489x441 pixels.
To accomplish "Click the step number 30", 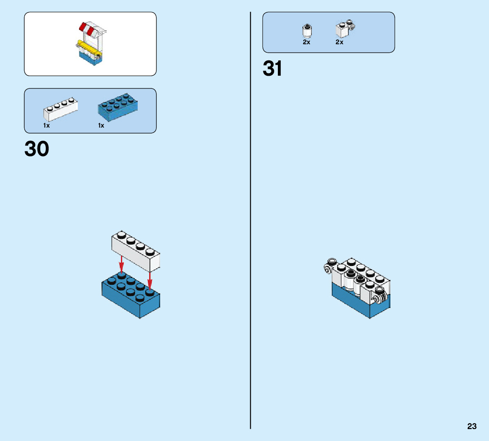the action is click(x=37, y=149).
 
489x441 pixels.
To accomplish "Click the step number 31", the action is click(x=272, y=68).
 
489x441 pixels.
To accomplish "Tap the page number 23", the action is click(x=472, y=427).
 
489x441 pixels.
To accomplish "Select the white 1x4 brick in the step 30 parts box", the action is click(x=60, y=109).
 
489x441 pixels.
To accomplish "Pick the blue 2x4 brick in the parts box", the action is click(x=118, y=107).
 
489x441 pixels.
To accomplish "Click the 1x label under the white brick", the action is click(x=46, y=125).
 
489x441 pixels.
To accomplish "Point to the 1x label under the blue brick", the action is click(x=101, y=125).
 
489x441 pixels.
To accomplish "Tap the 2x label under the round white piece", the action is click(x=306, y=42).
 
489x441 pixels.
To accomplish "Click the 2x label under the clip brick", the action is click(x=339, y=42).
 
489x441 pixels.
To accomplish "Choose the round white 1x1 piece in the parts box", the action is click(x=307, y=31).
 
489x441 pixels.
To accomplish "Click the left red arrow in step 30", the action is click(x=122, y=265).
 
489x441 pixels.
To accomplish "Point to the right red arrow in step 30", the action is click(x=150, y=279).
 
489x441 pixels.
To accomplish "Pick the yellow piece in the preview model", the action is click(x=89, y=47).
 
